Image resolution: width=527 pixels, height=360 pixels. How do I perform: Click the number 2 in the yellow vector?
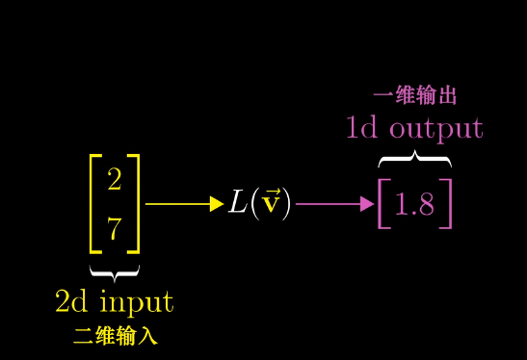115,179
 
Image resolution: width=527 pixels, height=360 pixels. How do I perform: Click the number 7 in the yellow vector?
115,229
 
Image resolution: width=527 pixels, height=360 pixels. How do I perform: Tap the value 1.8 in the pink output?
415,205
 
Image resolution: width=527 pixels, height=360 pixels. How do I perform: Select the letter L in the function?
238,204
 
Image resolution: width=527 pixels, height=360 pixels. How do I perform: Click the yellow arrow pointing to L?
184,204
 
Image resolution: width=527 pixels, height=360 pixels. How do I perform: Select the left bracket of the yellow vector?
93,203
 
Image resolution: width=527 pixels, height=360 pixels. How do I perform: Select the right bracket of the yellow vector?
136,203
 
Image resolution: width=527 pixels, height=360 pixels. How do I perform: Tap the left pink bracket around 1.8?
383,204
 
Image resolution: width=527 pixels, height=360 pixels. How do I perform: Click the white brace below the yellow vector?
114,270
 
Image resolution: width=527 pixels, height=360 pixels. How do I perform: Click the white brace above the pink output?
414,158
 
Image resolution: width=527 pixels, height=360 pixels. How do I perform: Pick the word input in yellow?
136,302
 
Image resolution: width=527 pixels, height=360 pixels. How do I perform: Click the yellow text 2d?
71,301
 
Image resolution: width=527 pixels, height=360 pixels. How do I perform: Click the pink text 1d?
362,128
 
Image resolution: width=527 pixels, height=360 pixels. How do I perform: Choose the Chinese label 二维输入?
115,337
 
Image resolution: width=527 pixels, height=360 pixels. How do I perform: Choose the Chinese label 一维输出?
414,96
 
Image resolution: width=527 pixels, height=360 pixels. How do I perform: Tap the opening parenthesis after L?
255,204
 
